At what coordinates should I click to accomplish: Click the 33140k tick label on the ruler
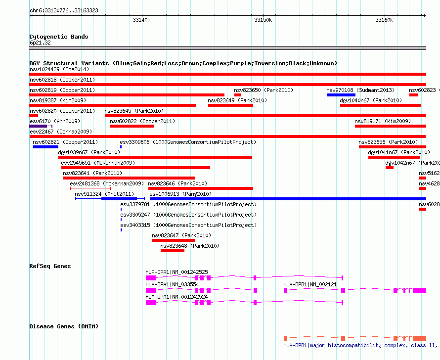click(141, 20)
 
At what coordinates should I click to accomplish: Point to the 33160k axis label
click(384, 20)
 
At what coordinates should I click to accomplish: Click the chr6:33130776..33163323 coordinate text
click(64, 11)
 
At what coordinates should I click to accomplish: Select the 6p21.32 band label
click(40, 43)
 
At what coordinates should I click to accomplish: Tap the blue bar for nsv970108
click(341, 95)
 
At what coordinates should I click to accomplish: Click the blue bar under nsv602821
click(46, 147)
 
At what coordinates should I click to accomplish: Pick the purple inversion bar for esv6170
click(38, 126)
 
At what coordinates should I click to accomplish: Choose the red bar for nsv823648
click(173, 251)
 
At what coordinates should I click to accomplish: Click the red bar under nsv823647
click(174, 240)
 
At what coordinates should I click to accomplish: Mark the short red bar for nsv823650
click(238, 95)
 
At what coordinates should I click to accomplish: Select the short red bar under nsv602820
click(34, 116)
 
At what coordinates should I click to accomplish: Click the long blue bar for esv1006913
click(288, 199)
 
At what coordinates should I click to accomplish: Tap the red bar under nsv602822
click(132, 126)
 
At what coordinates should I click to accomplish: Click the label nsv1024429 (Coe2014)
click(59, 69)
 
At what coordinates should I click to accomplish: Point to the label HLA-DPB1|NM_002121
click(310, 284)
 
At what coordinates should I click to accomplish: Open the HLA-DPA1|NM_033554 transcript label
click(172, 284)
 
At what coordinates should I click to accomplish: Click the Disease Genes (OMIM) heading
click(64, 326)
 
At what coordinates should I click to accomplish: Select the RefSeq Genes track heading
click(50, 266)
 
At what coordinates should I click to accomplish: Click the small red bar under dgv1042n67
click(390, 168)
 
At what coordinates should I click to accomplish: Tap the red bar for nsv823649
click(230, 105)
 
